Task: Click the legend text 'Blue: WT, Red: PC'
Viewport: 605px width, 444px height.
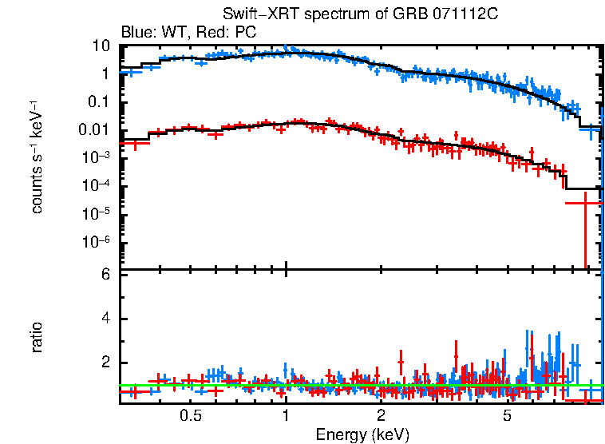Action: point(188,33)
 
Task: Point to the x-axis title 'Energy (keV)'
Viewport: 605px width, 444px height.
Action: point(362,434)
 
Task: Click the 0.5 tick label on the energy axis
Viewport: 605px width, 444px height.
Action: point(190,417)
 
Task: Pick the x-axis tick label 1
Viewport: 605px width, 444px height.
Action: point(286,417)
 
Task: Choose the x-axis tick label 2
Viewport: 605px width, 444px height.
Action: point(382,417)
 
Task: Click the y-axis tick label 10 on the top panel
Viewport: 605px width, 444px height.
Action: point(101,46)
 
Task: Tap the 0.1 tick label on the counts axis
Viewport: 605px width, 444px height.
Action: point(97,102)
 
